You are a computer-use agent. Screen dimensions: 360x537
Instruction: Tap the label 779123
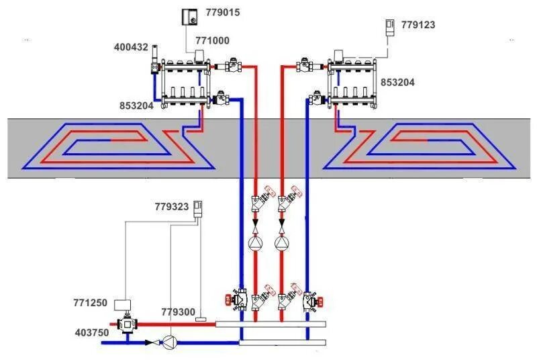tap(418, 25)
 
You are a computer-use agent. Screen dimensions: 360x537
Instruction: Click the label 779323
tap(172, 207)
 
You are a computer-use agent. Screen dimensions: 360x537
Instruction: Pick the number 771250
tap(90, 303)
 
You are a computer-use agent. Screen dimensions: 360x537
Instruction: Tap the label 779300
tap(178, 312)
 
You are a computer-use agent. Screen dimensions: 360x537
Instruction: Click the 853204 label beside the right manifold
tap(398, 82)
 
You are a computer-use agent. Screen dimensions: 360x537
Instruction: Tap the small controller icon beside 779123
tap(389, 27)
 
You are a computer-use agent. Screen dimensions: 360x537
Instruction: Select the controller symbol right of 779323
tap(198, 208)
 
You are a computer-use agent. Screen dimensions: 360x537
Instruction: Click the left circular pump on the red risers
tap(256, 242)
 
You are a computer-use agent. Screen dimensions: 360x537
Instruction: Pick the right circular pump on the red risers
tap(282, 242)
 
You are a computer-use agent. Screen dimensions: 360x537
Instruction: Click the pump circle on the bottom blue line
tap(170, 343)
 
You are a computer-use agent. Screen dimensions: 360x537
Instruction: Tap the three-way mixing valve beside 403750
tap(124, 324)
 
